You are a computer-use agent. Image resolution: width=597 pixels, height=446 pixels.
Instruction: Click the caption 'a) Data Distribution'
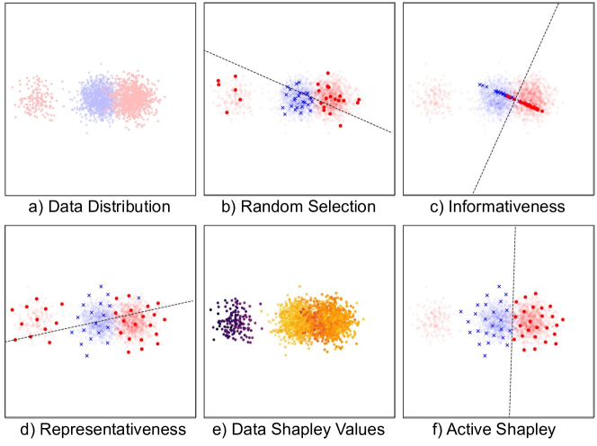[x=99, y=207]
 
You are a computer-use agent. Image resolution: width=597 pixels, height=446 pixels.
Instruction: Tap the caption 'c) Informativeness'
[x=497, y=207]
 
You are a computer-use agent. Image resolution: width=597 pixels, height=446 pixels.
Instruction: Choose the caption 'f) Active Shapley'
[x=497, y=429]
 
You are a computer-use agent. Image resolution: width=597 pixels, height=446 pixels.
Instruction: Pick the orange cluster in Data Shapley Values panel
[x=315, y=318]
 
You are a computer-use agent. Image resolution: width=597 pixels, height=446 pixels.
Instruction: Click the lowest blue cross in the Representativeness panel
[x=87, y=356]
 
